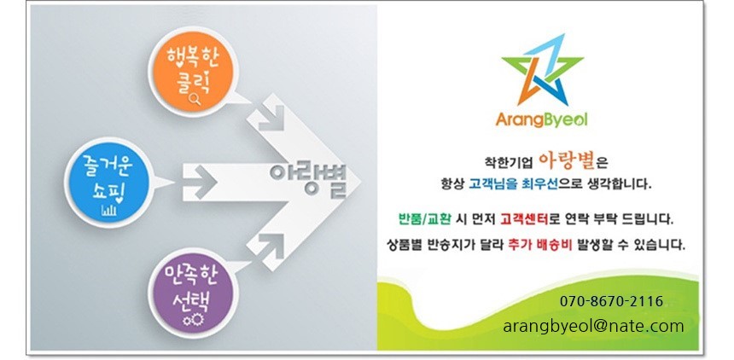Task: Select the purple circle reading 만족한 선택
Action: [x=190, y=290]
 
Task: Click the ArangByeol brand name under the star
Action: [x=541, y=120]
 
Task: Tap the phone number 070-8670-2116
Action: [x=611, y=301]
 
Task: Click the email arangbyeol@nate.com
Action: [x=593, y=326]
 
